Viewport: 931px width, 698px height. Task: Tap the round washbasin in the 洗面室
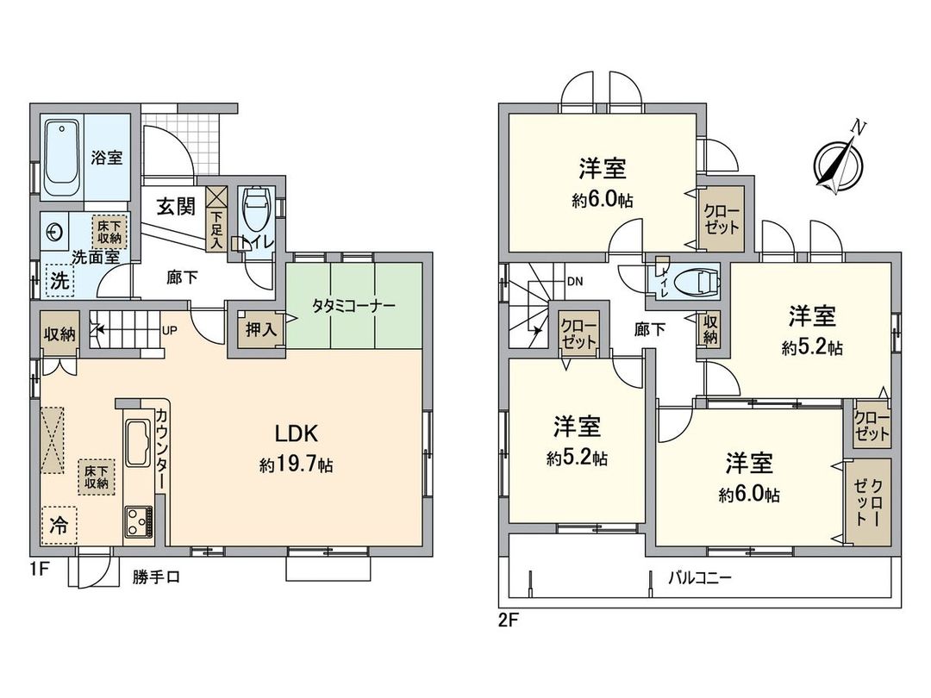pyautogui.click(x=55, y=233)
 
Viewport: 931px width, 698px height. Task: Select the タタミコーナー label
pyautogui.click(x=353, y=306)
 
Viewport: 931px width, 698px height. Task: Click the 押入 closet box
pyautogui.click(x=256, y=328)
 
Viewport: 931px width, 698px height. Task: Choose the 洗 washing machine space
pyautogui.click(x=59, y=279)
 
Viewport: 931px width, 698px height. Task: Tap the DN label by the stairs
pyautogui.click(x=574, y=281)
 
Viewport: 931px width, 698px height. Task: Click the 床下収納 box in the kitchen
pyautogui.click(x=96, y=477)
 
